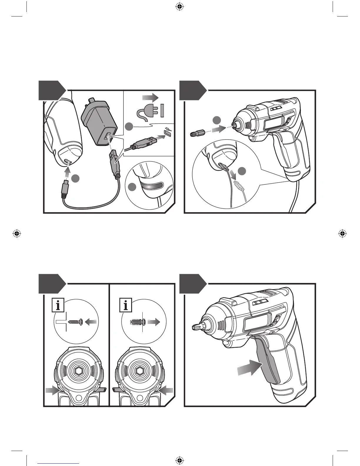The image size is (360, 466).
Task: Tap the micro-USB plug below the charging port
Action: point(65,187)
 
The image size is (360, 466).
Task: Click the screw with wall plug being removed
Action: point(137,322)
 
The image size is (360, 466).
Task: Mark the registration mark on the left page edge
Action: point(17,234)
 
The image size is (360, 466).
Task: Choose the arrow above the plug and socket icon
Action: point(150,97)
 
